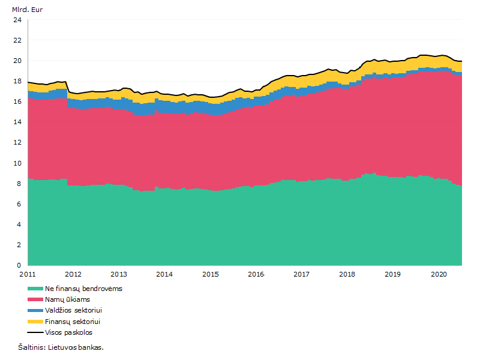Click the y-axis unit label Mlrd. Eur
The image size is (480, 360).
coord(27,10)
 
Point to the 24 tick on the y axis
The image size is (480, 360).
coord(17,20)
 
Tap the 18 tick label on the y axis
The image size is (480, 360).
coord(17,81)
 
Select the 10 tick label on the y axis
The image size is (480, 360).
coord(17,163)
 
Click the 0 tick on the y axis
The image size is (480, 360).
coord(19,265)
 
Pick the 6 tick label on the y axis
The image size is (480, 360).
coord(19,204)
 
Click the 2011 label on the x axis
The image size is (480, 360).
coord(28,274)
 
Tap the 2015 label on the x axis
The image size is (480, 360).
coord(211,274)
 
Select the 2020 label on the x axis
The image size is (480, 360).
coord(439,274)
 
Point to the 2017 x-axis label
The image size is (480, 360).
coord(302,274)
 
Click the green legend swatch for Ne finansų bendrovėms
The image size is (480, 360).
coord(35,289)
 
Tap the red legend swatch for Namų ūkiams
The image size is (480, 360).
coord(35,299)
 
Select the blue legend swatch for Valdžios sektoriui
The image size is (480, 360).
coord(35,310)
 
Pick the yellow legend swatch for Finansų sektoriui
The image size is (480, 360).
coord(35,322)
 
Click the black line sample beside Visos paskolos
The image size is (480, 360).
coord(35,332)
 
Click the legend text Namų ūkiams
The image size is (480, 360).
coord(67,299)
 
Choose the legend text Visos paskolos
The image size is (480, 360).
coord(68,332)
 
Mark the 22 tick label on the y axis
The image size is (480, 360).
coord(17,40)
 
